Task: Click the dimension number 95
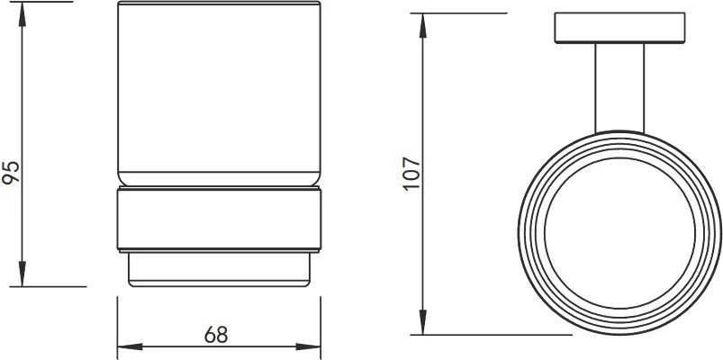coord(11,173)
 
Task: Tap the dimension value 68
coord(216,335)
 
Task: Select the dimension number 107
coord(411,174)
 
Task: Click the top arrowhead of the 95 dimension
coord(23,14)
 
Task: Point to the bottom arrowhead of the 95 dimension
coord(23,274)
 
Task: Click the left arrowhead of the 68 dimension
coord(130,346)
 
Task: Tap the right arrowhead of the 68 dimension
coord(308,346)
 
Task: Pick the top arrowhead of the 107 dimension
coord(423,26)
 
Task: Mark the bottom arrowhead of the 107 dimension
coord(423,322)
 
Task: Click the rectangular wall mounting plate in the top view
coord(619,28)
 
